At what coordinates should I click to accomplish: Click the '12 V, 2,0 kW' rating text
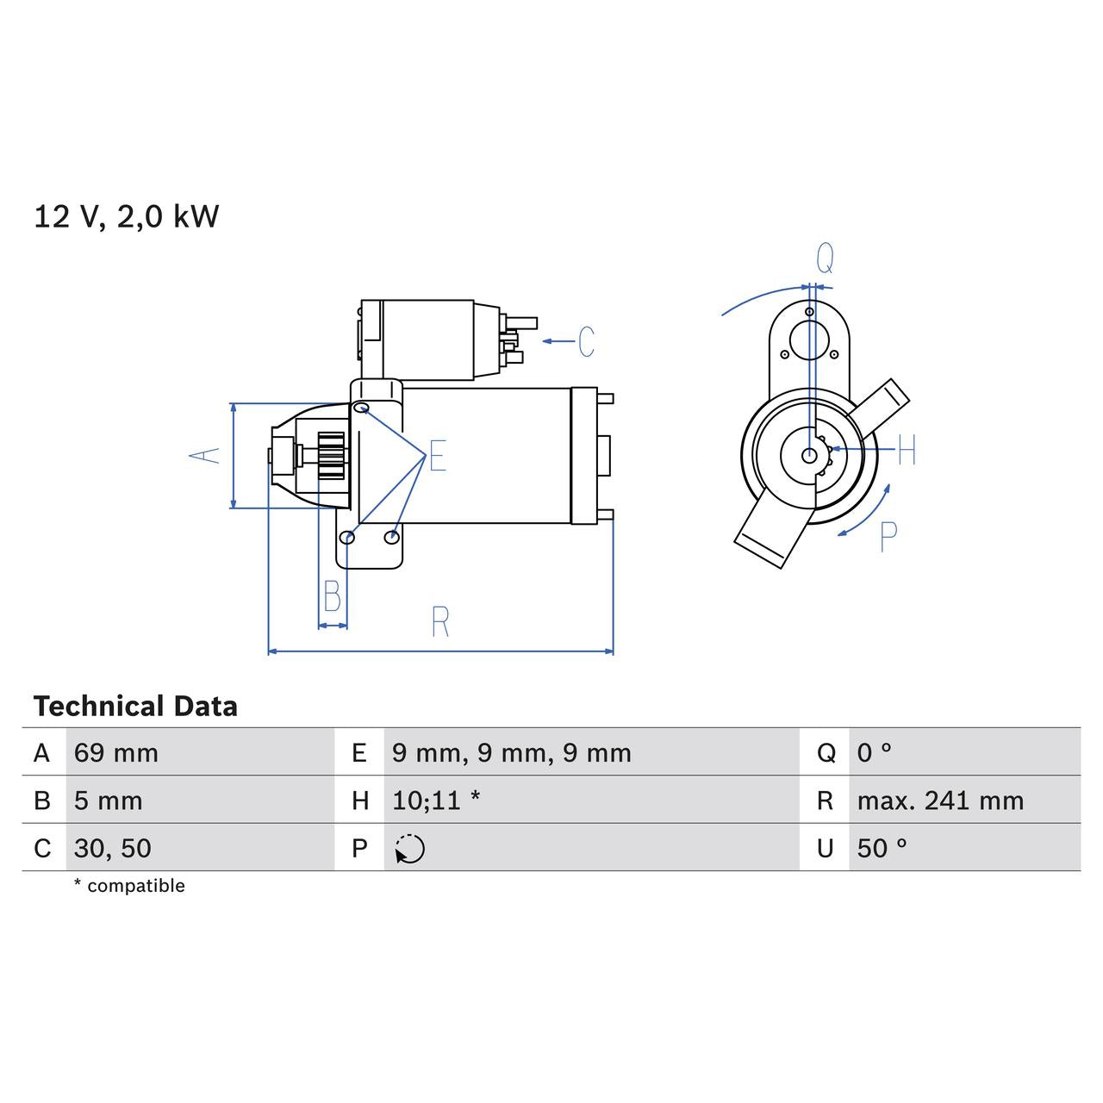point(127,216)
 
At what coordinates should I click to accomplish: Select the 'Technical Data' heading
point(135,707)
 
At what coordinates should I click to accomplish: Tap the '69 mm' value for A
point(116,753)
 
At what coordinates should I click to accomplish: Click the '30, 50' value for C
point(113,848)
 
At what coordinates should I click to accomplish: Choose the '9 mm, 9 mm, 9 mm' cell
point(512,753)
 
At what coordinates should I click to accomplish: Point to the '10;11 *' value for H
point(436,801)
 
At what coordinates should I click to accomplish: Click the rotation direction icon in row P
point(410,849)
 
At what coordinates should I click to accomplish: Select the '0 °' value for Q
point(875,753)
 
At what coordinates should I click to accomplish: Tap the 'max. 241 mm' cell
point(940,801)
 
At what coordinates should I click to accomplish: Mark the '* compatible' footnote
point(129,886)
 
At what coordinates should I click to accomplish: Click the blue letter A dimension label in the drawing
point(205,456)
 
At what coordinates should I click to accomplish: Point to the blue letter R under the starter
point(440,621)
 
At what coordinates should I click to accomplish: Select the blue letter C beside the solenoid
point(586,342)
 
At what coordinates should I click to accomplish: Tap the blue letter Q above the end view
point(825,258)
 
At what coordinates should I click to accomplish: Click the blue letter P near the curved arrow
point(888,537)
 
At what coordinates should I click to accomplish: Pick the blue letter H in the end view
point(907,450)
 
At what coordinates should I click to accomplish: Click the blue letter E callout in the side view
point(438,456)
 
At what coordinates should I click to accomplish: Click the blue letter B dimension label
point(332,596)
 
